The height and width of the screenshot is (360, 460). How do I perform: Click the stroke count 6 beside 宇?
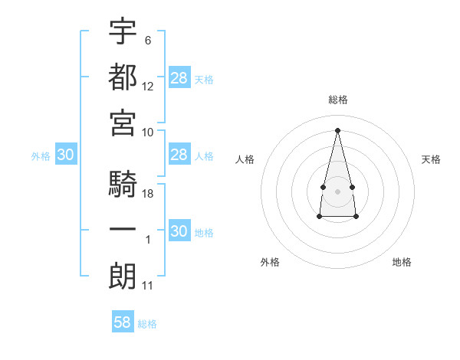[148, 40]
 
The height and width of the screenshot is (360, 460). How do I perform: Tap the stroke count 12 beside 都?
[148, 86]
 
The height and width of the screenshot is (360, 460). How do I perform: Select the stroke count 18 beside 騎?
[148, 194]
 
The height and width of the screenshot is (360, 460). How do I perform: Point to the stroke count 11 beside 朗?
[148, 286]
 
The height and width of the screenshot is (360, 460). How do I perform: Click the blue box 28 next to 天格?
[179, 78]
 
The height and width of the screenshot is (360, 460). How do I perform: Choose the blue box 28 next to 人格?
[179, 155]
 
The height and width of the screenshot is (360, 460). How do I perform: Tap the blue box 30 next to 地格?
[179, 231]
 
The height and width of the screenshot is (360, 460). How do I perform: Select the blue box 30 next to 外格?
[65, 155]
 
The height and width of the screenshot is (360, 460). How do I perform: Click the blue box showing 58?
[123, 322]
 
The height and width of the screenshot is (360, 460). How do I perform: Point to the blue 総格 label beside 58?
[147, 324]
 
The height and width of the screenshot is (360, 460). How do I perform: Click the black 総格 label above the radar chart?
[337, 100]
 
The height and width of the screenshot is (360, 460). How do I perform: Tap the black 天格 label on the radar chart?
[432, 159]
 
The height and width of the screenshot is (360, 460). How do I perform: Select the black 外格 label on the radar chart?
[270, 262]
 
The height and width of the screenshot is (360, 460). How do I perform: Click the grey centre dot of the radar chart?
[337, 190]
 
